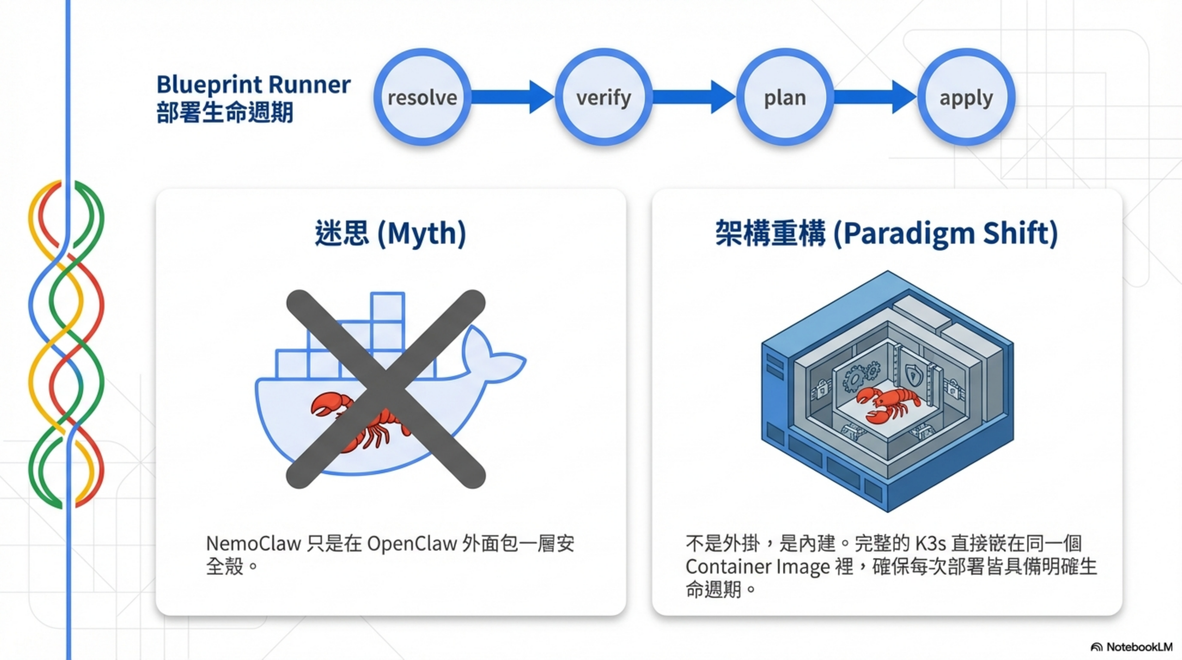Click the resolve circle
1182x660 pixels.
tap(422, 97)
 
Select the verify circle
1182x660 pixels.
tap(604, 97)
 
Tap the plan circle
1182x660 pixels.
tap(785, 97)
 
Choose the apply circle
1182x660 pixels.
tap(966, 97)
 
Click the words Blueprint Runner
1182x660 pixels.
tap(253, 85)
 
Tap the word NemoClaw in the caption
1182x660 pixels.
tap(253, 544)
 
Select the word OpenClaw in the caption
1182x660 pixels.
tap(412, 544)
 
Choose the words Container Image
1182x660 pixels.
tap(757, 567)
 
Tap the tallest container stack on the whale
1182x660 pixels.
tap(388, 321)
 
